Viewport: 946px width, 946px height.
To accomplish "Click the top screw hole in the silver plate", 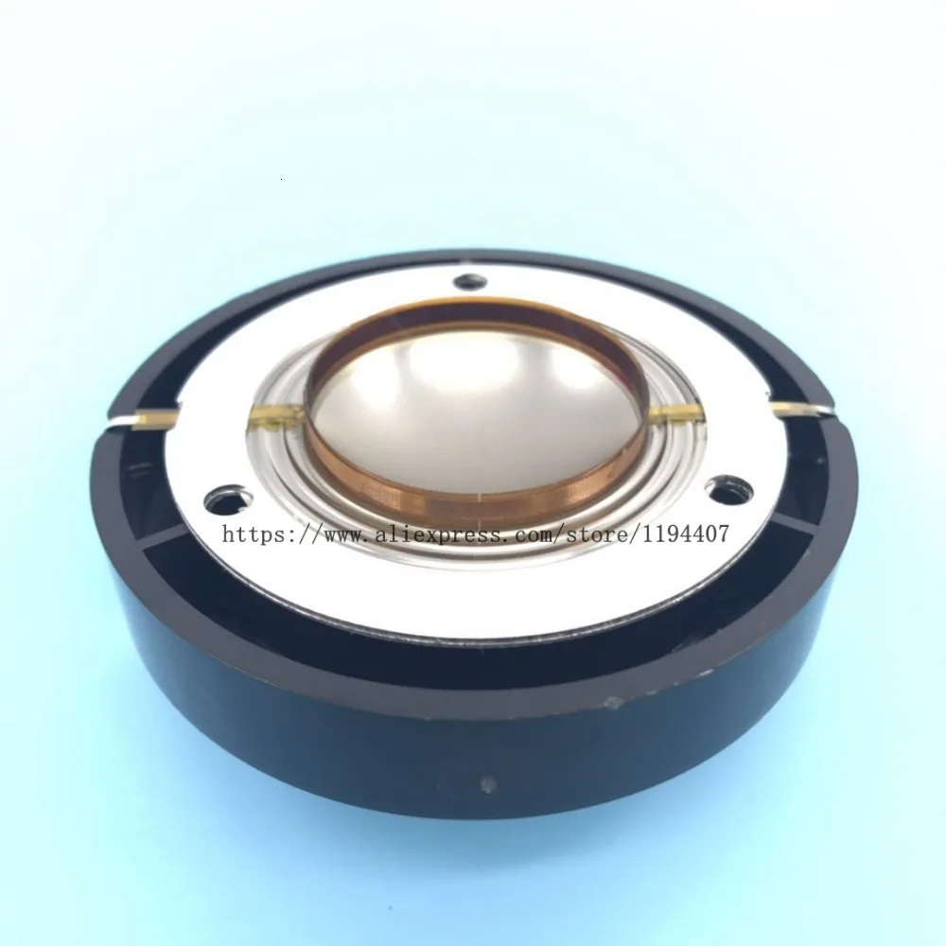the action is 470,282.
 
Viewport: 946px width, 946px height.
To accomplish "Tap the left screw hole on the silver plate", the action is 223,499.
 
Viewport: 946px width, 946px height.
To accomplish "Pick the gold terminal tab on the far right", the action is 789,407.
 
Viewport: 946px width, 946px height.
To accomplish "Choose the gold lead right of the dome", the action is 675,412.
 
